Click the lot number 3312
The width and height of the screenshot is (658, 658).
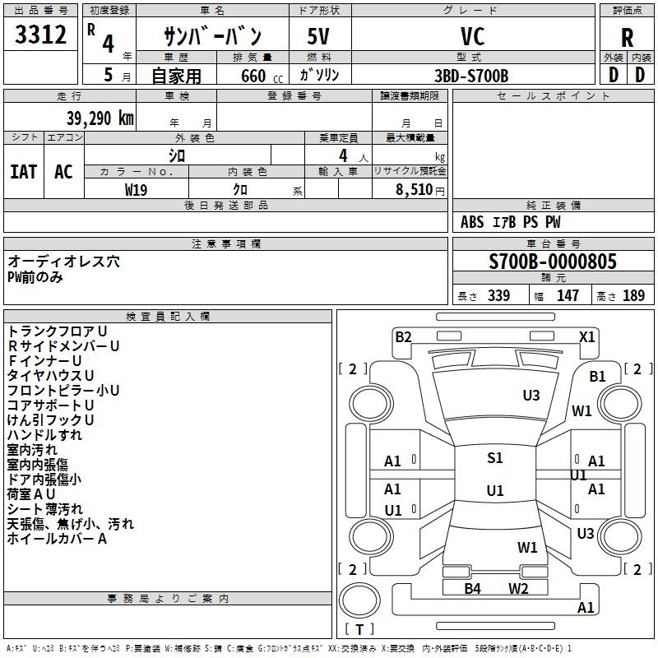pyautogui.click(x=41, y=35)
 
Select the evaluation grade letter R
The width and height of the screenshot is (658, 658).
pyautogui.click(x=627, y=38)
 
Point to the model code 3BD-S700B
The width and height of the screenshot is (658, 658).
pyautogui.click(x=471, y=76)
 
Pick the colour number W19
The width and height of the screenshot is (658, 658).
pyautogui.click(x=137, y=188)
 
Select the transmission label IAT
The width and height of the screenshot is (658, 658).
pyautogui.click(x=23, y=171)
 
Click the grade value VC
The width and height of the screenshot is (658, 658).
pyautogui.click(x=472, y=36)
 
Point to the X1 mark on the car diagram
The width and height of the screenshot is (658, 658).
pyautogui.click(x=587, y=336)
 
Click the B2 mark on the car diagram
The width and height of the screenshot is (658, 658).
pyautogui.click(x=403, y=336)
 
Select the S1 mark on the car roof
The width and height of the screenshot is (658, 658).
pyautogui.click(x=494, y=458)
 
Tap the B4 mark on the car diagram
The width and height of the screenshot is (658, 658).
pyautogui.click(x=472, y=588)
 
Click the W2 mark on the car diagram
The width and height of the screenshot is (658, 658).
pyautogui.click(x=518, y=588)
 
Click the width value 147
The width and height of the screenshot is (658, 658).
pyautogui.click(x=568, y=296)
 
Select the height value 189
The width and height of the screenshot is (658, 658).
pyautogui.click(x=633, y=296)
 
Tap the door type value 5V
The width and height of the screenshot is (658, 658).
pyautogui.click(x=319, y=36)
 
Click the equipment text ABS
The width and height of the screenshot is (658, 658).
pyautogui.click(x=472, y=222)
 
